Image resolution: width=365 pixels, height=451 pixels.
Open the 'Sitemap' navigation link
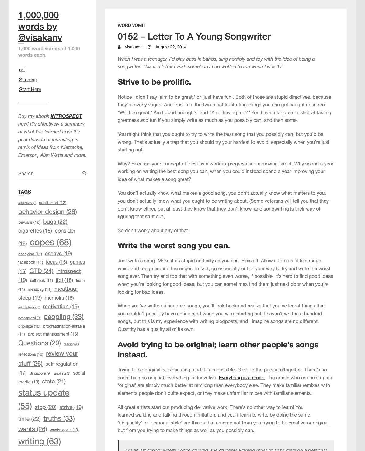[28, 80]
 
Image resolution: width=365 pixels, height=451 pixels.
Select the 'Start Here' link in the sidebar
[30, 89]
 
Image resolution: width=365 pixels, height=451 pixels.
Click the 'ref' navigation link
[22, 69]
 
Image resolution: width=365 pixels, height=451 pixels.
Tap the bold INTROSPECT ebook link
[66, 116]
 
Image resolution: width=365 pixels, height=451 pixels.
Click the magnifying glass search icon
[84, 173]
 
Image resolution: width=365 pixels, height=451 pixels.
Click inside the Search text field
[49, 173]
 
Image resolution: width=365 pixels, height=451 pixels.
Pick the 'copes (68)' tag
[50, 242]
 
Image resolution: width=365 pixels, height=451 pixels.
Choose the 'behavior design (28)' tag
[47, 212]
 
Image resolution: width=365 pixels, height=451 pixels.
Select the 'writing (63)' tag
[40, 441]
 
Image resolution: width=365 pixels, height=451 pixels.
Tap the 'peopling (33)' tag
[63, 317]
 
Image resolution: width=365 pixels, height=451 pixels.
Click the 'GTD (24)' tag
[41, 271]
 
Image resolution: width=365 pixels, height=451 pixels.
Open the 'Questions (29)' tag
[40, 343]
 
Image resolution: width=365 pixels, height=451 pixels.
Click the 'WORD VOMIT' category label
[132, 25]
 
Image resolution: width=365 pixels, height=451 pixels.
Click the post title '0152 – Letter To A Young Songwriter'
[194, 37]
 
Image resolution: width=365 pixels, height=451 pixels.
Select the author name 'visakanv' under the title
[133, 47]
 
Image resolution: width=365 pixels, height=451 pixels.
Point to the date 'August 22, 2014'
[171, 47]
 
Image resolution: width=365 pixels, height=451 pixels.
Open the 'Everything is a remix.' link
[242, 378]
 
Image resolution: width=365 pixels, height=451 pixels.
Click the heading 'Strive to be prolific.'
[154, 82]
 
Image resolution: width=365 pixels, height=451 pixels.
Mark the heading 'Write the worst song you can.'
[174, 246]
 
